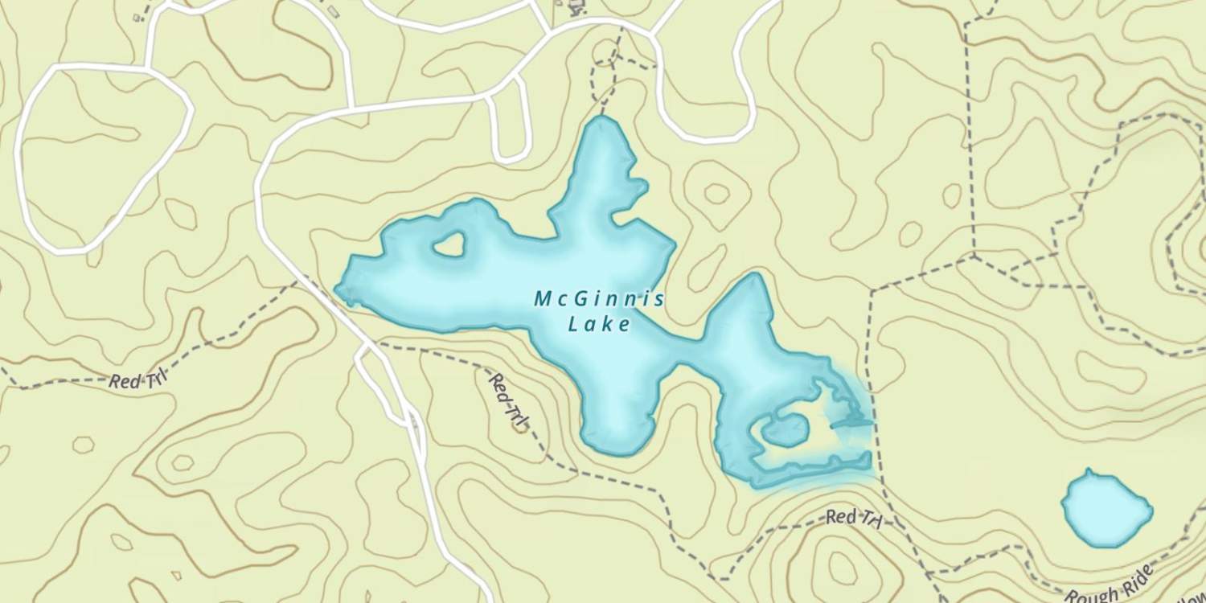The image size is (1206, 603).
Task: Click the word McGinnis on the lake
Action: click(599, 300)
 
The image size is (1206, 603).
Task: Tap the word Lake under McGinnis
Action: click(599, 325)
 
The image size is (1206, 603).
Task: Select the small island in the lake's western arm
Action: click(449, 244)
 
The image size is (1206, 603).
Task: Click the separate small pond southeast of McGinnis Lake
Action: click(1105, 508)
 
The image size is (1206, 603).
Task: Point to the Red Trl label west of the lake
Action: click(137, 379)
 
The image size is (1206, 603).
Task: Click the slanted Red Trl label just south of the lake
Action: click(508, 399)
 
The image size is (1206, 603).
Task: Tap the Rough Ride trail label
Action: click(1110, 585)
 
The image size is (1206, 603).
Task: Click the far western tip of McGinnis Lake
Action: click(338, 289)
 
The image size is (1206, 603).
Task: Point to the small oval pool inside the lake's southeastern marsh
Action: click(785, 430)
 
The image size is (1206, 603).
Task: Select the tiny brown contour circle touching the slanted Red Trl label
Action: click(520, 425)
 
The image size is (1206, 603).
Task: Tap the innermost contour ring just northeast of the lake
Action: click(716, 194)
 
